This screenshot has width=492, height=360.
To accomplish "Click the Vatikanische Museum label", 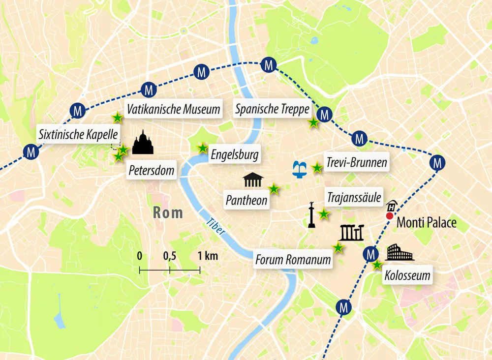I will coord(173,109).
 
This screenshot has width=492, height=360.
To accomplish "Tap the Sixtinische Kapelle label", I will coord(79,133).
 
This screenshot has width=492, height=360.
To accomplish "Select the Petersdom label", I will coord(152,171).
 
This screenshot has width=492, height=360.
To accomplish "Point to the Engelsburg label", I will coord(234,155).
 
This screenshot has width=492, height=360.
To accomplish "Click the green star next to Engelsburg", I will coord(202,148).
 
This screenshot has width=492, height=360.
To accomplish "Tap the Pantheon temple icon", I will coord(253,180).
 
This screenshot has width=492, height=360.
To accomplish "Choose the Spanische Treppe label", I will coord(272,109).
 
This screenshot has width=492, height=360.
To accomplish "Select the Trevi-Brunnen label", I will coord(356,162).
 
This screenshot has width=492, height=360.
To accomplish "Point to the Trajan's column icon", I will coord(311,215).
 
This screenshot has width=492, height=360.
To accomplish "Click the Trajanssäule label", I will coord(354,198).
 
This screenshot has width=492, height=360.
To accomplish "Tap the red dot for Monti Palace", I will coord(390,215).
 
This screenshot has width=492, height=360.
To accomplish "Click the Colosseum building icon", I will coord(400,253).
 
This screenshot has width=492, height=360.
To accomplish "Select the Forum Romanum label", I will coord(293,259).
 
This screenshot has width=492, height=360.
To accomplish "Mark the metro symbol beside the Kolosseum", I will coord(369,254).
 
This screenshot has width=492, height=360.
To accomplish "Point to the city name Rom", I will coord(168,213).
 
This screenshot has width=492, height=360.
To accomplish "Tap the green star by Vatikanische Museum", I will coord(117,118).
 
